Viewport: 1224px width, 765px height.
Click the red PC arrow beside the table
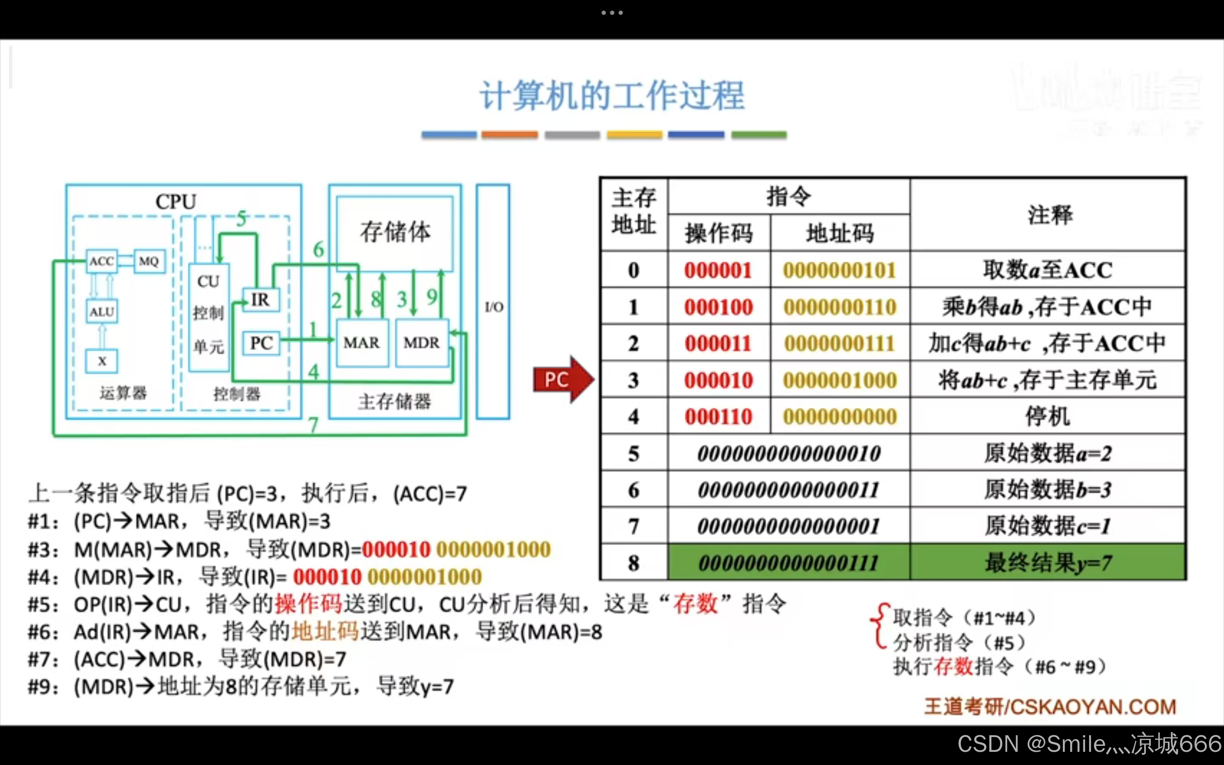click(x=561, y=380)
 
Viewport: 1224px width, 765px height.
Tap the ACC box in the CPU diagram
click(x=102, y=261)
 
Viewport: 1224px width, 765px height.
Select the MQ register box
click(x=149, y=261)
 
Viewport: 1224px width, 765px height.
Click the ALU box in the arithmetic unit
click(x=102, y=312)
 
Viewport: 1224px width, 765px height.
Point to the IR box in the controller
click(x=261, y=300)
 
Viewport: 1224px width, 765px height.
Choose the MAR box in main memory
click(x=362, y=343)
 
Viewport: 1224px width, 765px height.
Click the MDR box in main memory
click(x=421, y=343)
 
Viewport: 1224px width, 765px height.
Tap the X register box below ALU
click(x=102, y=361)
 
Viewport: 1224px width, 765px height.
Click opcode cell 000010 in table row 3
click(x=718, y=380)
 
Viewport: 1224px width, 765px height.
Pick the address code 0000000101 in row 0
click(x=840, y=270)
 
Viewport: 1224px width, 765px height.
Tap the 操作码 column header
click(x=719, y=233)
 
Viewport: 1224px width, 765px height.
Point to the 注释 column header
click(x=1049, y=215)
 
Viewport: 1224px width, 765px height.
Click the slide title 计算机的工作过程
click(x=612, y=96)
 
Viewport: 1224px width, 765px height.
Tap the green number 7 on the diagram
click(x=314, y=425)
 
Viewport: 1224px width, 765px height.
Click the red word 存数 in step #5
click(x=695, y=603)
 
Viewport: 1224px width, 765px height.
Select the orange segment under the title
click(x=509, y=135)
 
